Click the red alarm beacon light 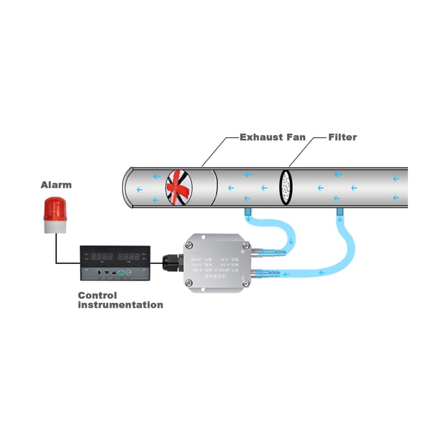pyautogui.click(x=55, y=209)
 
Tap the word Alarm pyautogui.click(x=56, y=185)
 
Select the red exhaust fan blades pyautogui.click(x=179, y=187)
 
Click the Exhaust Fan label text pyautogui.click(x=272, y=137)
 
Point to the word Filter pyautogui.click(x=342, y=137)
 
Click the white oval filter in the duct pyautogui.click(x=286, y=187)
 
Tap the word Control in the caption pyautogui.click(x=97, y=295)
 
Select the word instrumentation pyautogui.click(x=120, y=305)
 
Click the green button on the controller pyautogui.click(x=121, y=272)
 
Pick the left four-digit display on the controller pyautogui.click(x=102, y=257)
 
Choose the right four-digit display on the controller pyautogui.click(x=129, y=257)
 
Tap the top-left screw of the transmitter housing pyautogui.click(x=190, y=245)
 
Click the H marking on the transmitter pyautogui.click(x=243, y=252)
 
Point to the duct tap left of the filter pyautogui.click(x=247, y=212)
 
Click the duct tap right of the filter pyautogui.click(x=340, y=212)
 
